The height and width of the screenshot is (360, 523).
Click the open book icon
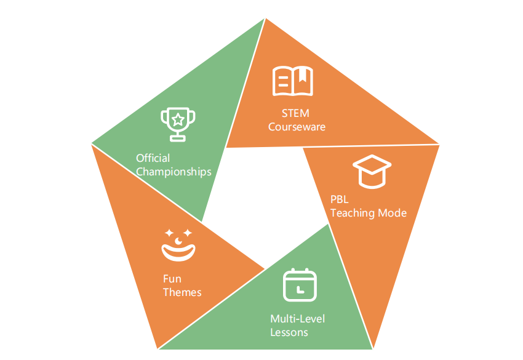click(293, 81)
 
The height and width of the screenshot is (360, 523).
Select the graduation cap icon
click(372, 171)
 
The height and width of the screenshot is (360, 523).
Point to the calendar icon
click(300, 285)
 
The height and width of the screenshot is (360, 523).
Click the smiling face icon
click(178, 244)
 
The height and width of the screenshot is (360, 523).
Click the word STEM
click(297, 113)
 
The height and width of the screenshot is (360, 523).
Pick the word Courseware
click(297, 127)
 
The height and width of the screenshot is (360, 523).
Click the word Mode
click(394, 213)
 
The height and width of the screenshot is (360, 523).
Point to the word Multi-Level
click(298, 319)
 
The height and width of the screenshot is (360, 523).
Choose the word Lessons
click(289, 332)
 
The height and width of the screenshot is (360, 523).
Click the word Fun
click(172, 279)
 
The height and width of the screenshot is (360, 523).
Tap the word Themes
click(182, 292)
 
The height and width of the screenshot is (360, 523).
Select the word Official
click(153, 158)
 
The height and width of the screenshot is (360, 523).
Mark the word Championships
click(174, 172)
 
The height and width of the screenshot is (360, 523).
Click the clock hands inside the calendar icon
click(298, 288)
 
